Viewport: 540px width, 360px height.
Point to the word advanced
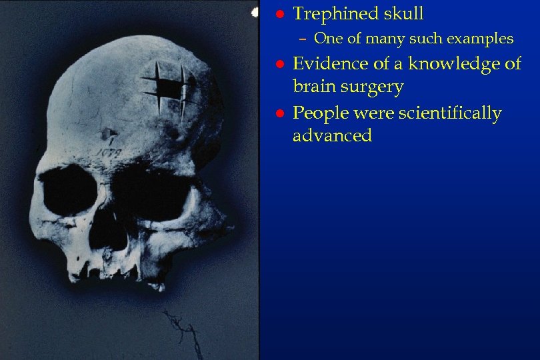(x=332, y=136)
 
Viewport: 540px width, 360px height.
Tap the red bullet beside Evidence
(x=281, y=65)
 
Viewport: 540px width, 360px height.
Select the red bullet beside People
(x=281, y=114)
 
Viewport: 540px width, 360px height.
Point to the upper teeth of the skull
(x=113, y=270)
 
